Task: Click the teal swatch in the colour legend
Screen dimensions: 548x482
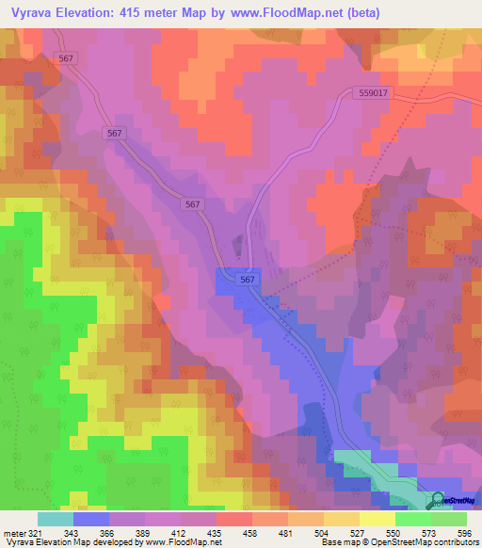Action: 55,519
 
